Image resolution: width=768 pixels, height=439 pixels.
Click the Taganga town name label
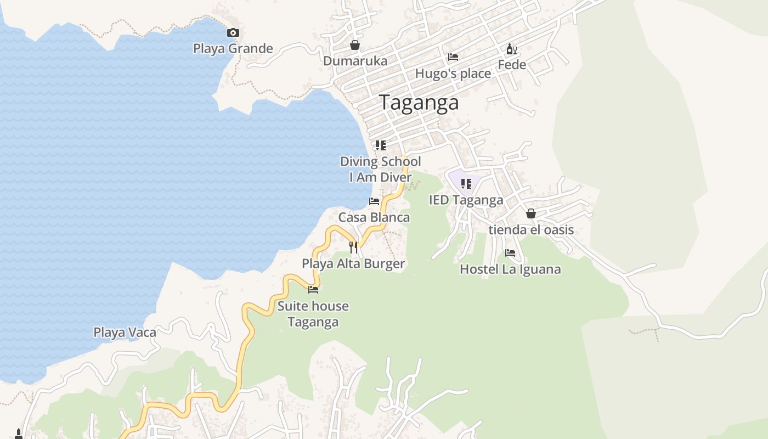coord(419,103)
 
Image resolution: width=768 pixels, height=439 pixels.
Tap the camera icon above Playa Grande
coord(233,33)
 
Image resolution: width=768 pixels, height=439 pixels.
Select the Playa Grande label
coord(233,48)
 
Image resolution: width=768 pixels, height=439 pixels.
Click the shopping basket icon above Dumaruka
coord(355,45)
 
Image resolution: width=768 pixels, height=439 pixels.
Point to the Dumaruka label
coord(355,61)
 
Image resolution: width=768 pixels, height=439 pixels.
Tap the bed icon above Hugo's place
coord(453,57)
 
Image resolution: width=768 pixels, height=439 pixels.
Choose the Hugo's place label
coord(453,74)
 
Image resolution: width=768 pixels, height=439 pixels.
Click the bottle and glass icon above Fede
coord(511,49)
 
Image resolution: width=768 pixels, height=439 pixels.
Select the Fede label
coord(511,65)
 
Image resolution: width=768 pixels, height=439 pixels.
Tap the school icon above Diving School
coord(380,145)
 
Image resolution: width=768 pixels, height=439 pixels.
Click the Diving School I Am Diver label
coord(380,169)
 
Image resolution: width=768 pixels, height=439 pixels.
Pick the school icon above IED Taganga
coord(466,184)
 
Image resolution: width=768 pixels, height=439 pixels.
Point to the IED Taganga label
coord(466,200)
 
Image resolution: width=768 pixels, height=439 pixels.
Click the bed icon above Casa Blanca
coord(374,201)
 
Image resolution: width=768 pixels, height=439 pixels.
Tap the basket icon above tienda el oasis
coord(530,213)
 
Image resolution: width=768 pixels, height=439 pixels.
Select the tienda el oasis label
coord(530,229)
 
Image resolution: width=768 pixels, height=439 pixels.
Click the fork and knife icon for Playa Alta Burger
coord(353,247)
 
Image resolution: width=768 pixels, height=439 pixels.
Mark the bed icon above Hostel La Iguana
coord(510,253)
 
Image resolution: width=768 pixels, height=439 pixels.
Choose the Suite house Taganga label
coord(313,314)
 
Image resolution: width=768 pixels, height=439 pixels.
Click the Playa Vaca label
coord(125,332)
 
